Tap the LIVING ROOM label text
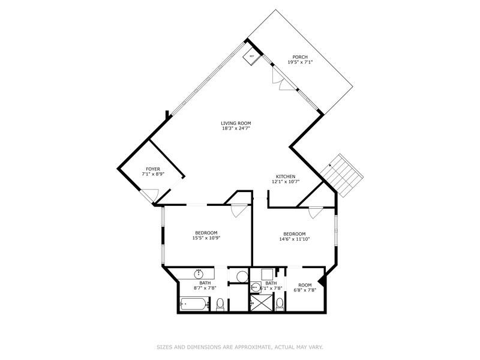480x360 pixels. [236, 123]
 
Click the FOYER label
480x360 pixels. [153, 169]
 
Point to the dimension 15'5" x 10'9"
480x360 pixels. [206, 238]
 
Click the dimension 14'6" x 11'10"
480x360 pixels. [295, 239]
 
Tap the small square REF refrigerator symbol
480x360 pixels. [251, 56]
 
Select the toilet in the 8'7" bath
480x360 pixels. [220, 305]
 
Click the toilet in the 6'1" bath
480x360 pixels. [280, 304]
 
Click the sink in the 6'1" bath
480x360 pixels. [255, 287]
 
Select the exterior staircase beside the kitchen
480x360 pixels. [341, 175]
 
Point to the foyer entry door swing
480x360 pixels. [150, 196]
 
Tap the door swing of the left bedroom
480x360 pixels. [238, 210]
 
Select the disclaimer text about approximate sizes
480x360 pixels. [239, 346]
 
